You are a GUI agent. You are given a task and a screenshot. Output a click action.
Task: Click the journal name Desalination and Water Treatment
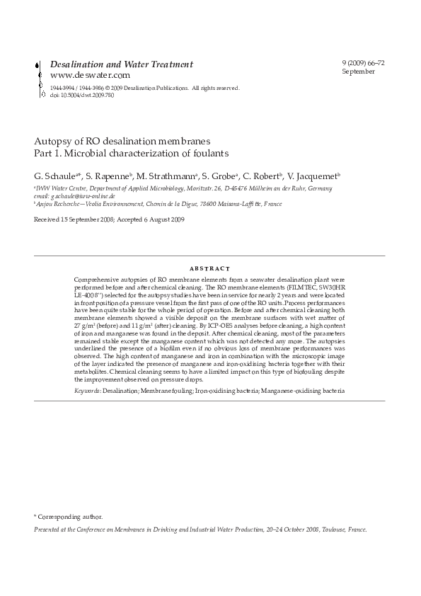point(121,64)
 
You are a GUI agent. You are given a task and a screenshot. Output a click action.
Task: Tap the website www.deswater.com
point(90,75)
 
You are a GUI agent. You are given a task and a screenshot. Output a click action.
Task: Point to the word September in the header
point(357,71)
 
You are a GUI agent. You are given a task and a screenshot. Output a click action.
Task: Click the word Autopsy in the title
point(51,140)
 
